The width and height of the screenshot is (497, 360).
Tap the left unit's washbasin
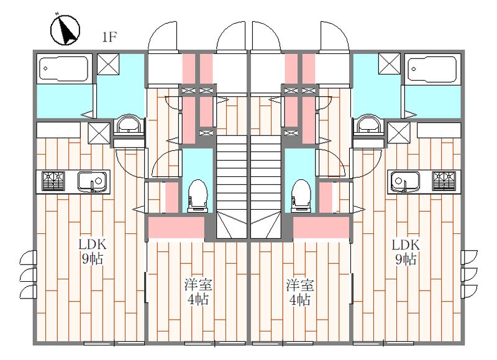click(129, 126)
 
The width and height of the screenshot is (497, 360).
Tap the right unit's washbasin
click(368, 126)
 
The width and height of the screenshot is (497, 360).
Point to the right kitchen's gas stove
click(445, 181)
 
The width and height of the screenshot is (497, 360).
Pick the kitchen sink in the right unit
click(406, 181)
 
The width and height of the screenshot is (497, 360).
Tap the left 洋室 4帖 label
click(199, 292)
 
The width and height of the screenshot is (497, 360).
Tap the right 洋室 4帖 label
click(299, 292)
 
